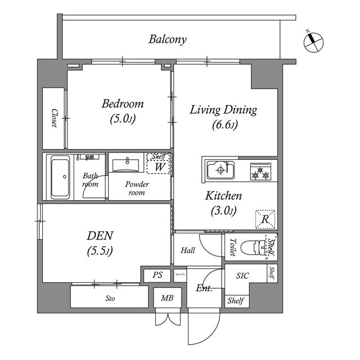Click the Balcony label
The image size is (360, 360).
tap(168, 39)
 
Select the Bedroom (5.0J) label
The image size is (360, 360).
tap(122, 111)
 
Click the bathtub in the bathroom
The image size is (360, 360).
tap(60, 178)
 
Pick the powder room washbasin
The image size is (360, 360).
tap(127, 165)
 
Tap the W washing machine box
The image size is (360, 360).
tap(159, 167)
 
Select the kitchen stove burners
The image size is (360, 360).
tap(261, 172)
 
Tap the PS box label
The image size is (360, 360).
tap(157, 276)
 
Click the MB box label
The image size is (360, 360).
tap(167, 299)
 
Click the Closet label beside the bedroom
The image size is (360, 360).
tap(55, 118)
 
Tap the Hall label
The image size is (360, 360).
tap(188, 250)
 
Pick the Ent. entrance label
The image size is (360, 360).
tap(204, 289)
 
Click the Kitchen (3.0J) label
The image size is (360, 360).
tap(223, 203)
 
